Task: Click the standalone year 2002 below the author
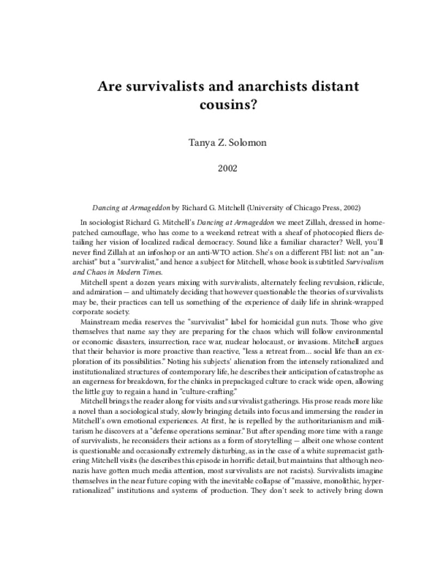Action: pyautogui.click(x=217, y=168)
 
